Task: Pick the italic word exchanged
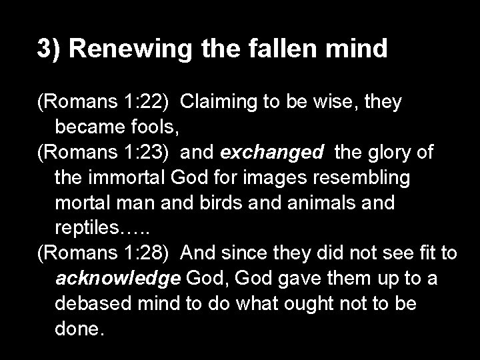271,153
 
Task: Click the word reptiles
86,228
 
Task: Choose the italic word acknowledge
117,279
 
